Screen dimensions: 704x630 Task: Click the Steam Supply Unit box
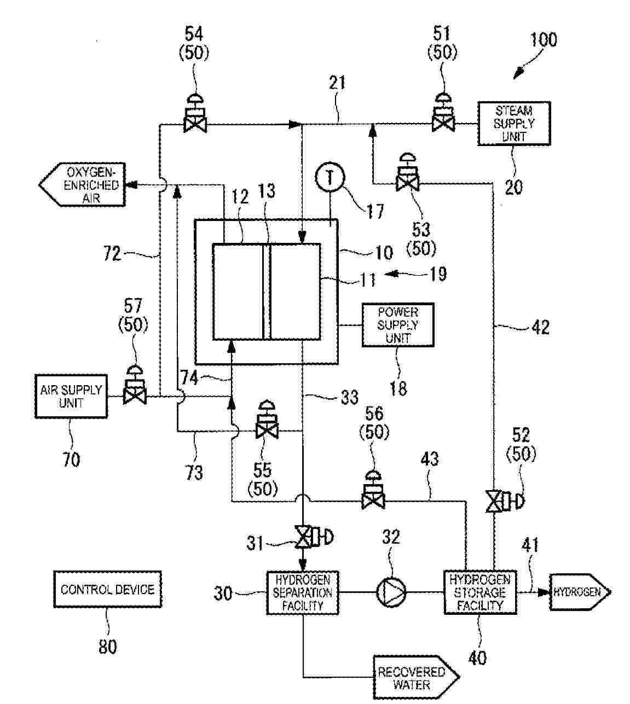point(513,123)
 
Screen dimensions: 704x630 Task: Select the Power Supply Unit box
point(398,325)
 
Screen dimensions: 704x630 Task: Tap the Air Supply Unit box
point(71,396)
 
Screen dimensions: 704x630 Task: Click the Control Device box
point(108,589)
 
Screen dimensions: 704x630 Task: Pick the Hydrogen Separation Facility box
point(303,592)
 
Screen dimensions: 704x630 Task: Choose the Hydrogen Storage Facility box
point(480,592)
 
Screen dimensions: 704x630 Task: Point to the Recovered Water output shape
point(415,678)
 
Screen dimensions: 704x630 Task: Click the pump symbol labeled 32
point(391,591)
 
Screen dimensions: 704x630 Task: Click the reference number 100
point(544,40)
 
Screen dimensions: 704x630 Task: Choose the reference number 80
point(107,647)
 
